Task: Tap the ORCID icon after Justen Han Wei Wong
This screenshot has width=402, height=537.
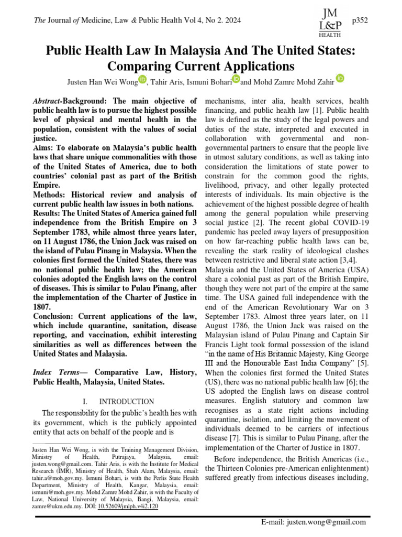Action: pyautogui.click(x=143, y=79)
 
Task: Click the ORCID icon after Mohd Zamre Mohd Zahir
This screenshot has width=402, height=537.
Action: pyautogui.click(x=340, y=78)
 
